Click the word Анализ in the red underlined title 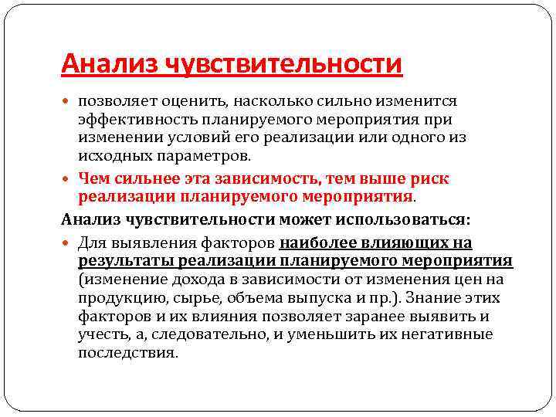coord(109,63)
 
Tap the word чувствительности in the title coord(283,63)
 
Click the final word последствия coord(128,353)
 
